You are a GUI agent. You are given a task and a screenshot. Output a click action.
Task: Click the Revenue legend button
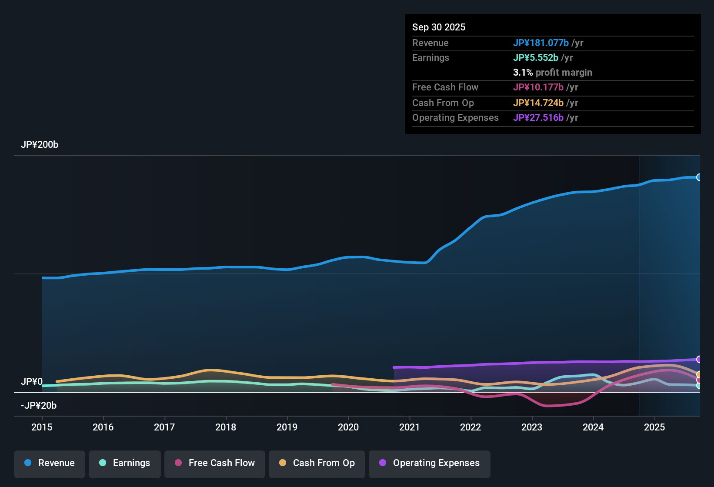coord(50,463)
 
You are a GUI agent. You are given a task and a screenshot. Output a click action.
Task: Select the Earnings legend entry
coord(125,463)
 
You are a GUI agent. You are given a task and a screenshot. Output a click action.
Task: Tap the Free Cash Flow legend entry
coord(215,463)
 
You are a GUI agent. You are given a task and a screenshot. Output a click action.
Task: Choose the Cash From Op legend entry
coord(317,463)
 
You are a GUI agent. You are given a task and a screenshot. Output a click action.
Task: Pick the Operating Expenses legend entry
coord(430,463)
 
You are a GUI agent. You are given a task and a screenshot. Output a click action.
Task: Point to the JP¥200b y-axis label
coord(40,145)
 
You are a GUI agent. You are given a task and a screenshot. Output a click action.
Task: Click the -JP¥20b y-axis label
coord(39,406)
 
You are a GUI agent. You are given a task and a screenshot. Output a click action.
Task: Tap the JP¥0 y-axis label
coord(31,382)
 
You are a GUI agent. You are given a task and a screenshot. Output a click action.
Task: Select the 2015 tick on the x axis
coord(42,427)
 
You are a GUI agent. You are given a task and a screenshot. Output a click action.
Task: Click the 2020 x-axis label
coord(348,427)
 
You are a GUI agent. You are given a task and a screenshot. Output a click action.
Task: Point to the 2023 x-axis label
coord(532,427)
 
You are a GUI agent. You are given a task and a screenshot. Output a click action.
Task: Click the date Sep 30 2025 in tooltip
coord(438,27)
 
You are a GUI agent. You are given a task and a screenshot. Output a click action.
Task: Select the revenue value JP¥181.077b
coord(541,43)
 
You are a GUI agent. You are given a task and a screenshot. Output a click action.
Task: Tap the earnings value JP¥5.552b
coord(535,58)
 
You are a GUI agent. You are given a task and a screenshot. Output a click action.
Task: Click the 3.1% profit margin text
coord(552,73)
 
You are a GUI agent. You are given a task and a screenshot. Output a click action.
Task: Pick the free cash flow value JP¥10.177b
coord(538,87)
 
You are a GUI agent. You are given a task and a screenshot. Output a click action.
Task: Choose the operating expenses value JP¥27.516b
coord(538,118)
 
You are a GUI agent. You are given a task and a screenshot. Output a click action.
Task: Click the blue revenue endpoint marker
coord(699,177)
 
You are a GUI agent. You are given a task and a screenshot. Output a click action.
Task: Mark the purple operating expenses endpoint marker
coord(699,360)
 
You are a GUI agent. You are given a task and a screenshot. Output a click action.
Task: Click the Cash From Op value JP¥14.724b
coord(538,103)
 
